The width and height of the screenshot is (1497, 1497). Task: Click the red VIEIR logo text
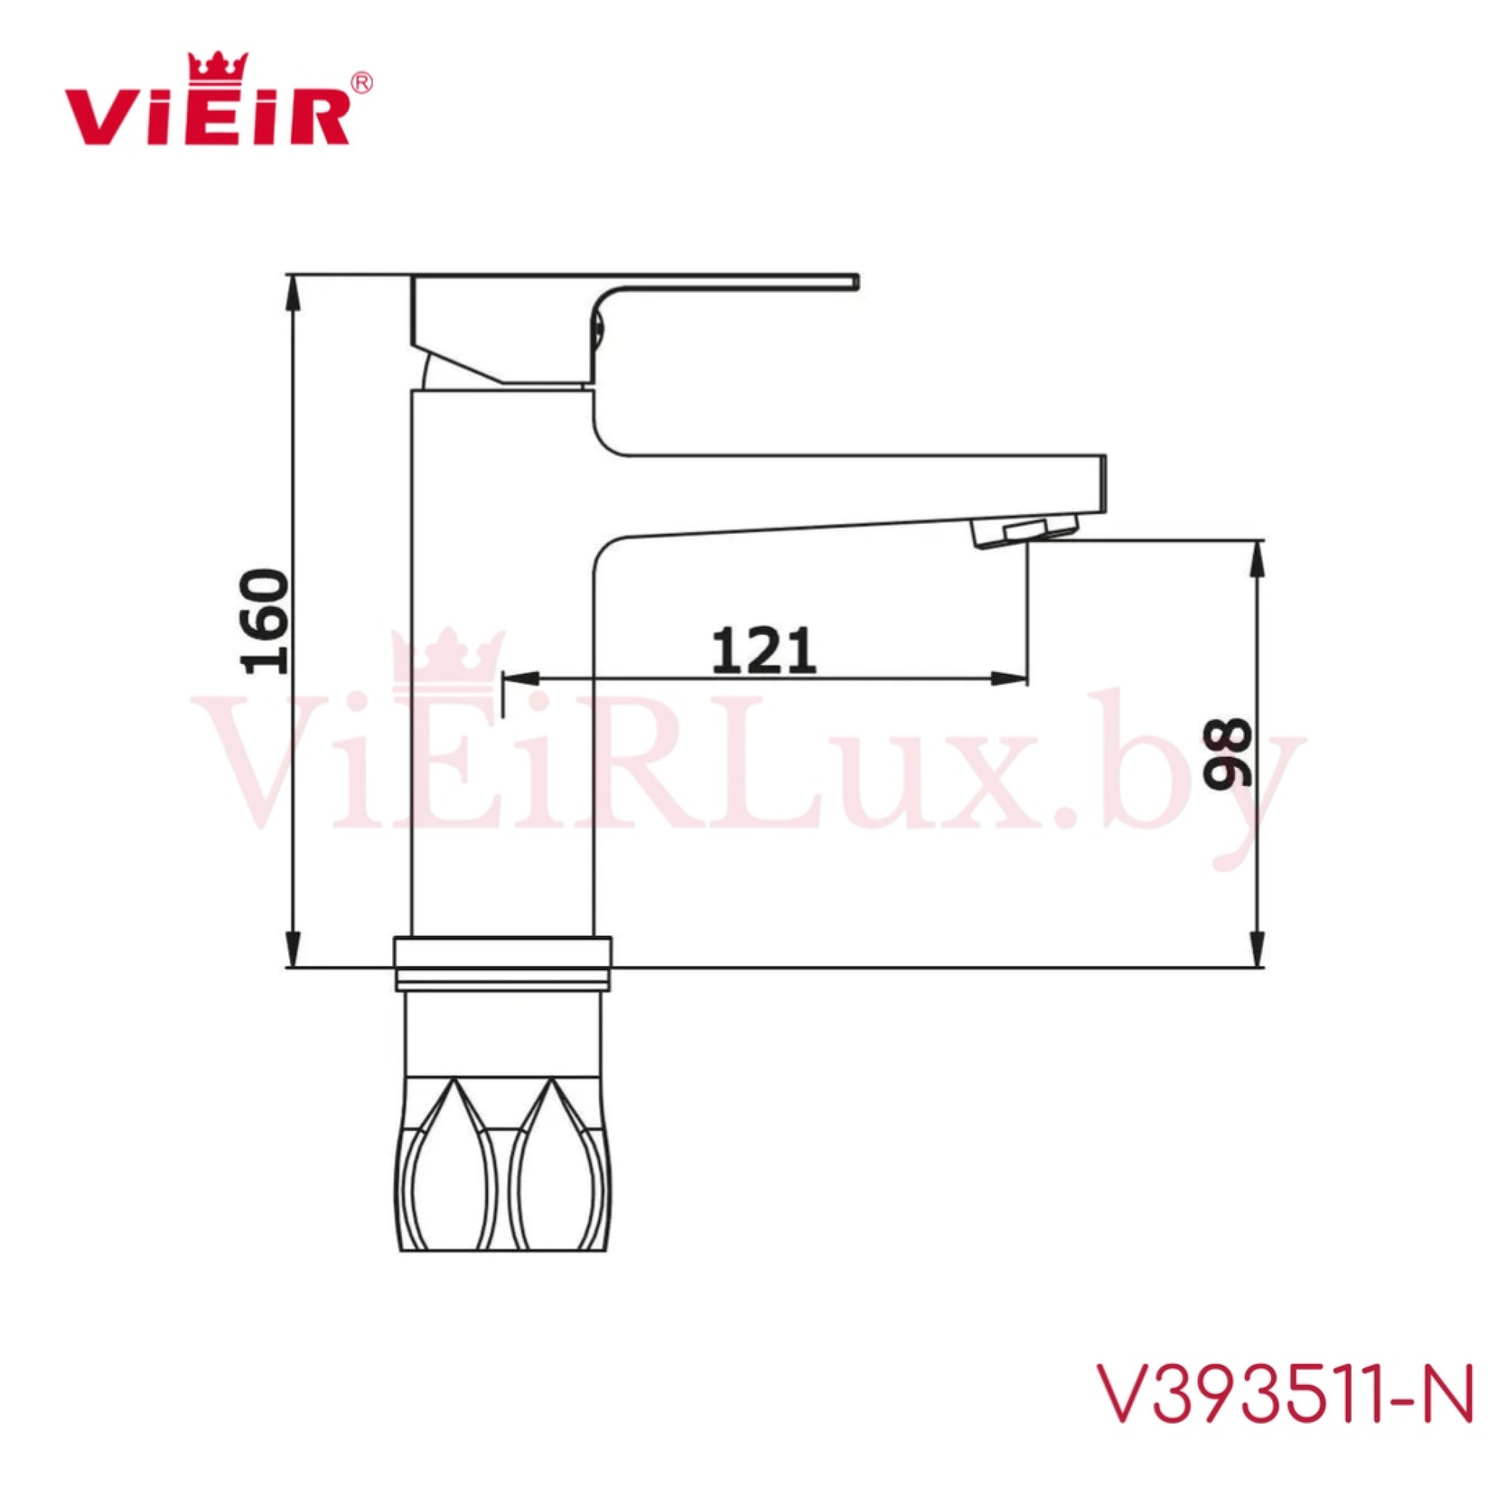pyautogui.click(x=206, y=117)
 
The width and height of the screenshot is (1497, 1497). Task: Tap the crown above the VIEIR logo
pyautogui.click(x=219, y=65)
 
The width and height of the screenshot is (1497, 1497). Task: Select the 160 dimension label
pyautogui.click(x=264, y=621)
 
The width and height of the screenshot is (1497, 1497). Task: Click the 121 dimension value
pyautogui.click(x=763, y=651)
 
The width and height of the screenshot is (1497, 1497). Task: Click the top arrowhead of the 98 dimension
pyautogui.click(x=1259, y=556)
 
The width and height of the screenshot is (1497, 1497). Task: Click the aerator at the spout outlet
pyautogui.click(x=1025, y=533)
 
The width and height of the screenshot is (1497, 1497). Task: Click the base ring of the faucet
pyautogui.click(x=502, y=963)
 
